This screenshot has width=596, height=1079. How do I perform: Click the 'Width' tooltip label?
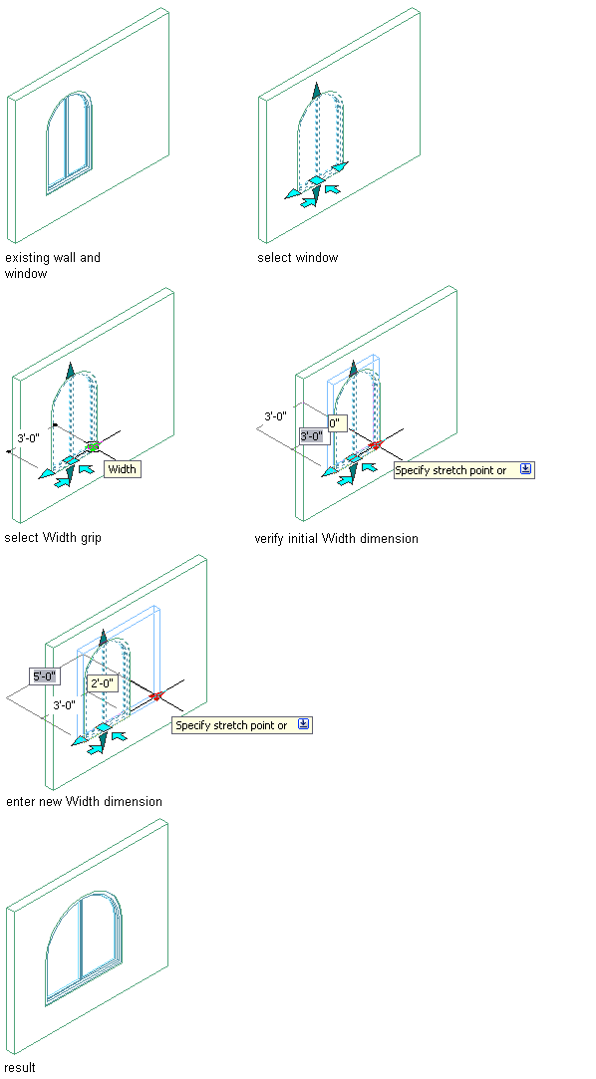123,469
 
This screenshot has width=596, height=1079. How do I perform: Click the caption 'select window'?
297,258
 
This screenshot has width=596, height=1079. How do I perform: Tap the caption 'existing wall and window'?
52,266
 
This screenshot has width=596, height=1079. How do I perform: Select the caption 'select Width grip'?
52,537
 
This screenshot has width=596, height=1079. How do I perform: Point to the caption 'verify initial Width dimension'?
337,538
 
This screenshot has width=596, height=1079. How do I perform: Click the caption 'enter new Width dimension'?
84,802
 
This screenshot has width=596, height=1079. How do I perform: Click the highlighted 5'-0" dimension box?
46,675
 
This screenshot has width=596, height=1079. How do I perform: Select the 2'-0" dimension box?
103,683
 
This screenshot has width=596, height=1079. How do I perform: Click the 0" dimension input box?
337,423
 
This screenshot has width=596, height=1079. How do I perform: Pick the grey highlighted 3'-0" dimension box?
312,435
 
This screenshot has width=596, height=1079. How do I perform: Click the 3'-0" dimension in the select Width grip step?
28,437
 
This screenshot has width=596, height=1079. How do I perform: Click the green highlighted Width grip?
93,446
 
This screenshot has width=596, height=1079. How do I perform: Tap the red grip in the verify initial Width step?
375,445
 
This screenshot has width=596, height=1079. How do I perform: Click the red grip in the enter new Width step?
156,696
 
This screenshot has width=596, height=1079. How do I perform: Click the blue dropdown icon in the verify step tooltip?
525,469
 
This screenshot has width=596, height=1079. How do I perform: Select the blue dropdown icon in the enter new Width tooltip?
304,724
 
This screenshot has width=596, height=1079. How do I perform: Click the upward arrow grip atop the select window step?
316,91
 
